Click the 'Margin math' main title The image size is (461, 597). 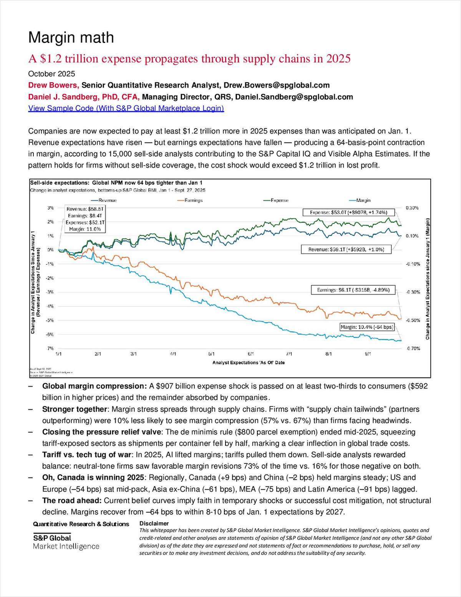[71, 38]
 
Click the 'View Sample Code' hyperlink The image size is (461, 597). [126, 108]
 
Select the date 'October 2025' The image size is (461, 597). [51, 74]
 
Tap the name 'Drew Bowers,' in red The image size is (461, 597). [53, 85]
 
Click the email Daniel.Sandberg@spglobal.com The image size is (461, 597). [294, 97]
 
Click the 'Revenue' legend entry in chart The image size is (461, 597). [107, 200]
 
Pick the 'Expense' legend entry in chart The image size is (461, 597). [279, 200]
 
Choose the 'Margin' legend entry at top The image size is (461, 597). [363, 200]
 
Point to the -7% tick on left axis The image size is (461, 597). [50, 349]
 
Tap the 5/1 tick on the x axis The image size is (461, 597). [212, 354]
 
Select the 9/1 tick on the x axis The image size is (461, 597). [368, 354]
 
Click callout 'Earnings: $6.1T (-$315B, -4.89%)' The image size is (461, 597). [353, 290]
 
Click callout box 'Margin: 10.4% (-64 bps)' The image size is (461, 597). [367, 327]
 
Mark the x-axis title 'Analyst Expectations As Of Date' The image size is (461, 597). [249, 362]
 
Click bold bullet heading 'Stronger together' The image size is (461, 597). [74, 409]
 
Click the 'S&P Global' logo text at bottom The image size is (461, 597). [52, 538]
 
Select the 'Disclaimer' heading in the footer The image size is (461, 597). [154, 523]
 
